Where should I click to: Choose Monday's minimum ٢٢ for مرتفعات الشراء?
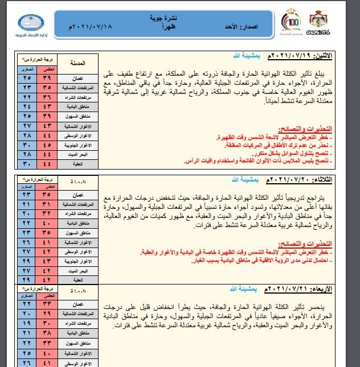[x=27, y=97]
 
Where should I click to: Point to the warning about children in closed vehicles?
[x=277, y=146]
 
